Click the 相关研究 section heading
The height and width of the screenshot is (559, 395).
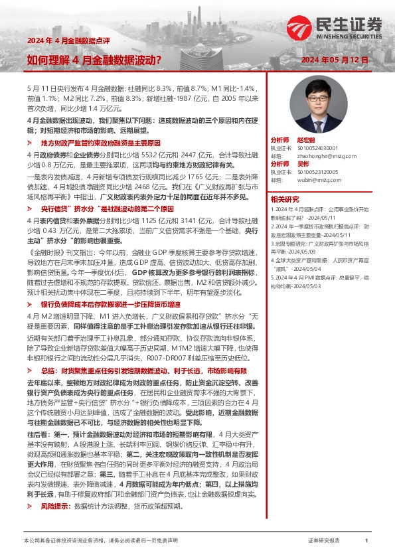(285, 199)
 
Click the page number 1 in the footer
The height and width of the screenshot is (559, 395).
(366, 541)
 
